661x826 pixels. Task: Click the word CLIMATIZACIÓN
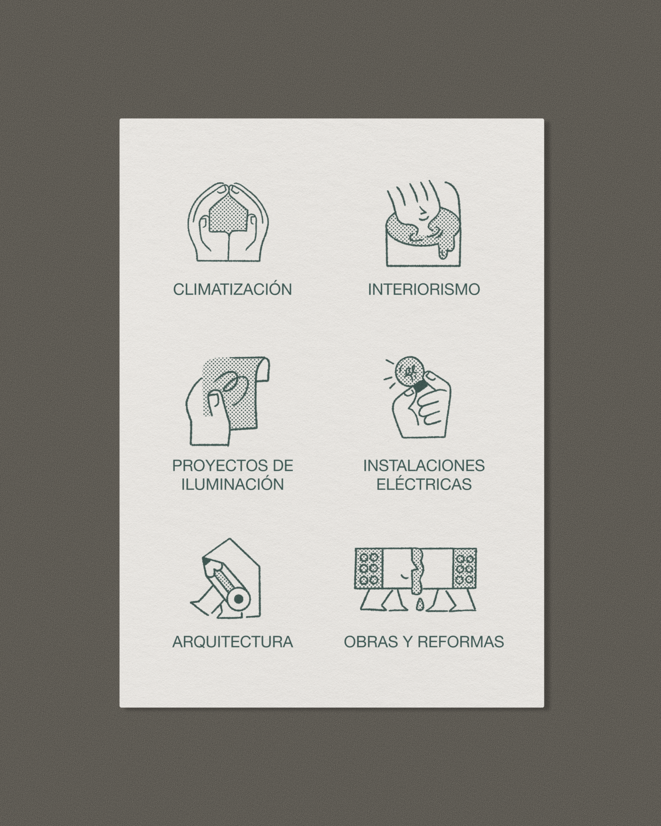tap(233, 288)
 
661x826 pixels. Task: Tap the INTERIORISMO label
tap(424, 289)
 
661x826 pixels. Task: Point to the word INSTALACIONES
tap(424, 466)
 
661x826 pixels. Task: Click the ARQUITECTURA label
tap(233, 641)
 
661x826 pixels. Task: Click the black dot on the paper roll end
tap(239, 599)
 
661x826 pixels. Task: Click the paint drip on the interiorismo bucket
tap(444, 247)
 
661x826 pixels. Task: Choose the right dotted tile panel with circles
tap(464, 569)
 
